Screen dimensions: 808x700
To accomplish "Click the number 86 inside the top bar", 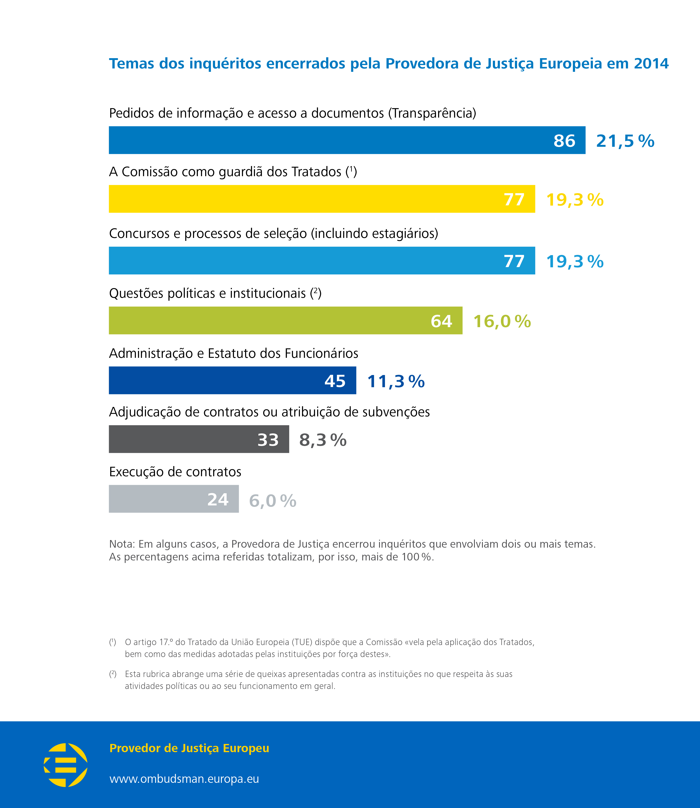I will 564,141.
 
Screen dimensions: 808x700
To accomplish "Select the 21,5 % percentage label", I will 625,141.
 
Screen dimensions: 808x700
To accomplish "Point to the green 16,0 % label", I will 502,321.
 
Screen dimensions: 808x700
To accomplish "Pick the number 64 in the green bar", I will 441,321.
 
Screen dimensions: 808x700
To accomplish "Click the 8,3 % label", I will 323,440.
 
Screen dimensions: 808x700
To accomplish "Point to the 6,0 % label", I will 273,501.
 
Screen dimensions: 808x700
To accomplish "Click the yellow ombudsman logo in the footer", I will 66,765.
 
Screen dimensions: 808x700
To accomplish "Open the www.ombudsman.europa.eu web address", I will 184,779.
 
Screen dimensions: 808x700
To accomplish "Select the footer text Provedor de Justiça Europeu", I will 189,748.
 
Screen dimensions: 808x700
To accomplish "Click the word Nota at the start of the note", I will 121,544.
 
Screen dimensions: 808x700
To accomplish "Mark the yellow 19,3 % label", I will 575,200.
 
